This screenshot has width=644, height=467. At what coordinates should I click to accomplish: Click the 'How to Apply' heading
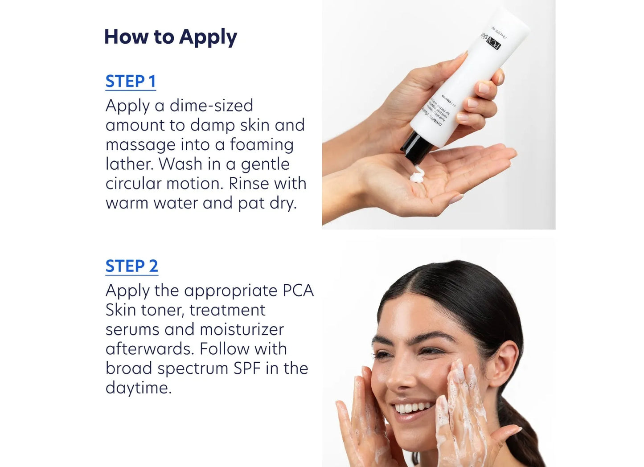click(x=170, y=37)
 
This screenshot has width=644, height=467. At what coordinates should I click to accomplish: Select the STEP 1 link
click(x=131, y=82)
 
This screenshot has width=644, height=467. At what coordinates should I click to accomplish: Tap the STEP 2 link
click(x=131, y=266)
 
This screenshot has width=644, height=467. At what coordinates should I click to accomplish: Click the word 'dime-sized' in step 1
click(x=211, y=106)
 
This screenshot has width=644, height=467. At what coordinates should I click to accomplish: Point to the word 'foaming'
click(x=262, y=145)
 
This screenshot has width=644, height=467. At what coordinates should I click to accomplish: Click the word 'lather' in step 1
click(x=129, y=164)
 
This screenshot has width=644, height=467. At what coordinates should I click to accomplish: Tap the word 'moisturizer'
click(x=242, y=330)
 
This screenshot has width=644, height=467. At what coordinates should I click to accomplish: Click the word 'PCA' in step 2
click(x=298, y=291)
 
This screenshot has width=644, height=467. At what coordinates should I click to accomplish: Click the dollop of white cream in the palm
click(x=418, y=174)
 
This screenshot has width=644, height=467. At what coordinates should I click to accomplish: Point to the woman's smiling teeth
click(x=412, y=408)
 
